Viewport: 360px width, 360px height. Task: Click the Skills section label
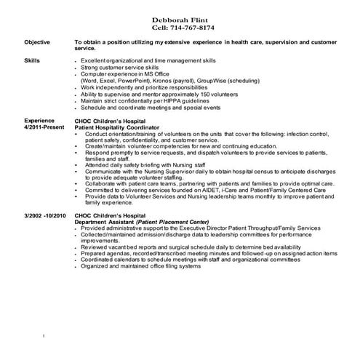(32, 61)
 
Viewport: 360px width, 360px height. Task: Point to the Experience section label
(39, 120)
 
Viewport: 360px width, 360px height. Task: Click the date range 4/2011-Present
(45, 127)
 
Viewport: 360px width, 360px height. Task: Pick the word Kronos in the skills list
(159, 81)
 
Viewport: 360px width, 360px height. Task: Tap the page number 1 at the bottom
(44, 336)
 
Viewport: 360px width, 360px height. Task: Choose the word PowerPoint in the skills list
(128, 81)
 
